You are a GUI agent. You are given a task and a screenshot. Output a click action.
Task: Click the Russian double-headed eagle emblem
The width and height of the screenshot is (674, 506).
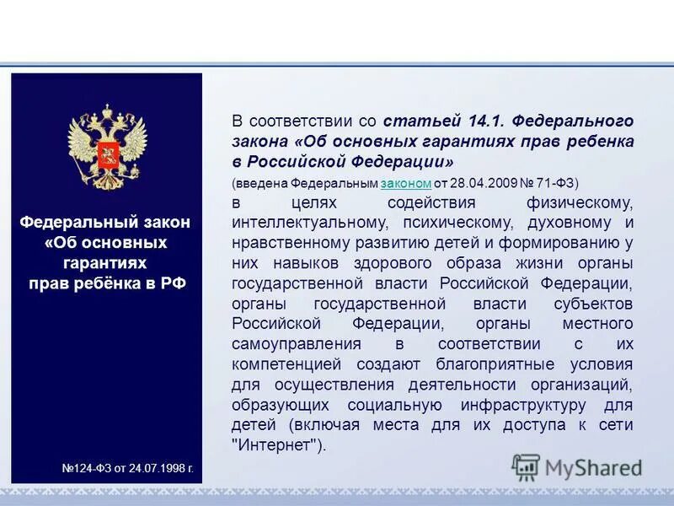click(x=107, y=146)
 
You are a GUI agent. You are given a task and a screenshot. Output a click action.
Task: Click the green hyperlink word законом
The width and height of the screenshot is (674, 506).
click(x=406, y=183)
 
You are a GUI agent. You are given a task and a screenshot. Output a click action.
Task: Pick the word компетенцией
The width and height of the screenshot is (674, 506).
click(x=287, y=364)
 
